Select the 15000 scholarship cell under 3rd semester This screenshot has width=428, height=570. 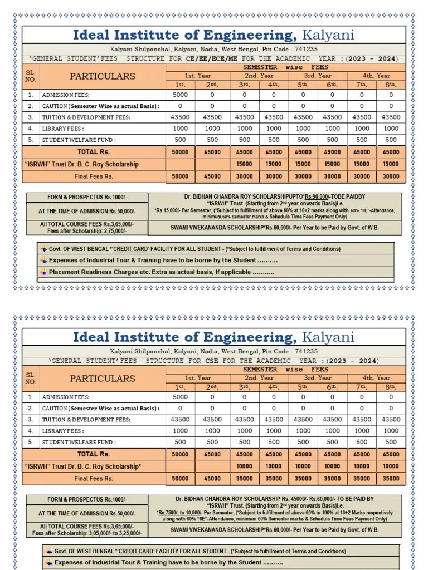click(244, 164)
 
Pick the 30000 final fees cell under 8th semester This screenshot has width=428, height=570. click(391, 176)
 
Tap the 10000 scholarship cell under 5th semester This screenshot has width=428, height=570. click(303, 466)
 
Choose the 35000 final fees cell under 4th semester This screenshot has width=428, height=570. click(274, 479)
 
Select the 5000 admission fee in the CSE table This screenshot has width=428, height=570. click(181, 397)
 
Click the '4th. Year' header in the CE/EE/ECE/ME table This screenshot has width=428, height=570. click(377, 76)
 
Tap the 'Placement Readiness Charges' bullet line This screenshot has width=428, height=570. click(161, 272)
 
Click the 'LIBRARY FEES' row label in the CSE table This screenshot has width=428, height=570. click(63, 431)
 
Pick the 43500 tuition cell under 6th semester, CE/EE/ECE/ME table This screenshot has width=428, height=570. click(333, 117)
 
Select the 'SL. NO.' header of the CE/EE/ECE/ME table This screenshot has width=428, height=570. click(31, 76)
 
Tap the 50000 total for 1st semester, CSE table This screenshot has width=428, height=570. click(181, 454)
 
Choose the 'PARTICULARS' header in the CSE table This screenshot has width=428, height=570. click(103, 379)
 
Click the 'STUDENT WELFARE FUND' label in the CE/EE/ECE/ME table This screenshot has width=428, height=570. click(79, 140)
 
